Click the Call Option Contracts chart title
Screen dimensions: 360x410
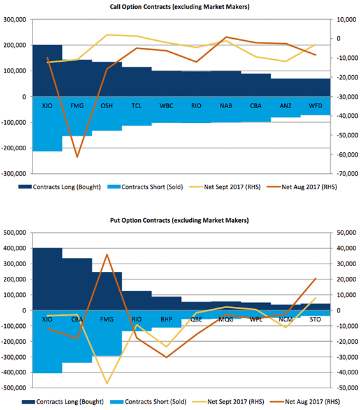180,7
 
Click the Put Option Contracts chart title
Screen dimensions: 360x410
180,220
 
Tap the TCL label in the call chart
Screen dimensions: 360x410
136,106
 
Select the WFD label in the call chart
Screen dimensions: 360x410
315,106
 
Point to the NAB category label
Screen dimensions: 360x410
226,106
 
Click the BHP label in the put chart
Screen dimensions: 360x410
166,320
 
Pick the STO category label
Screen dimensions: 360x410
315,320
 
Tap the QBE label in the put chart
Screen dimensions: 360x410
196,320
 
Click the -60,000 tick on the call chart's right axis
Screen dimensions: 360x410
347,155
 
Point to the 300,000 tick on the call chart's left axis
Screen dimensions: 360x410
15,20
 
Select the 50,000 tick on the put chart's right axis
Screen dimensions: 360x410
347,233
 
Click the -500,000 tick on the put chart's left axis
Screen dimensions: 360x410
13,388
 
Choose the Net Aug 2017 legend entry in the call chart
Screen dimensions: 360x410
302,187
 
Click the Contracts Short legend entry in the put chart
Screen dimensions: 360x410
148,402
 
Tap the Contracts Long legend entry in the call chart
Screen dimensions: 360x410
59,187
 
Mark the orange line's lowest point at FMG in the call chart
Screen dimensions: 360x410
77,157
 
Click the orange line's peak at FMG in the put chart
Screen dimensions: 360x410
107,255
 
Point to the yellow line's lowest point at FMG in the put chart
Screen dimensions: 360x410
107,384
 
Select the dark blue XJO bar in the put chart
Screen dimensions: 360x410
47,279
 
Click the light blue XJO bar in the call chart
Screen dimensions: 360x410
47,124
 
